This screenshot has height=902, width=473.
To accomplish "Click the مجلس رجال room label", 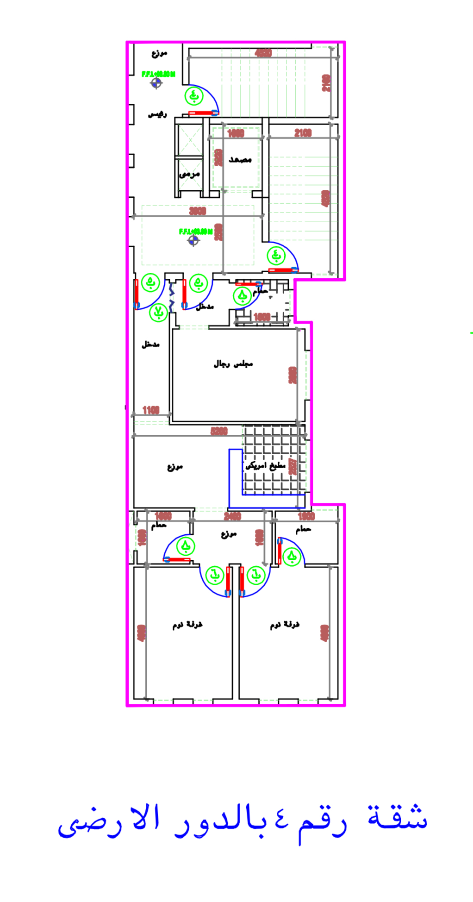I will coord(233,364).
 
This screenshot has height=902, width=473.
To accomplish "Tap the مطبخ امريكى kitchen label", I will coord(266,466).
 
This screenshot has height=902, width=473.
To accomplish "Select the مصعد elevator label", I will coord(240,160).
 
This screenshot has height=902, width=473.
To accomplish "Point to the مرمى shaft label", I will coord(189,175).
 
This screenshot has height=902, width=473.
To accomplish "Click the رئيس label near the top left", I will coord(157,114).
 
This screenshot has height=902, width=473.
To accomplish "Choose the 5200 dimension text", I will coord(219,431).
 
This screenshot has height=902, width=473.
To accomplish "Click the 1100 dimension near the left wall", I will coord(151,410).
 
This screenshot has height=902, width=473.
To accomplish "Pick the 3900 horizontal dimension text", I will coord(198,211).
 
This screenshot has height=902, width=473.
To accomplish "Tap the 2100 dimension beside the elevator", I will coord(303,133).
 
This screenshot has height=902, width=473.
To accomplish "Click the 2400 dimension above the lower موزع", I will coord(232,516).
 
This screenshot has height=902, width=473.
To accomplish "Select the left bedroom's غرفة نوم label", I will coord(187,625).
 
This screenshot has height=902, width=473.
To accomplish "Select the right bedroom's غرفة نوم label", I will coord(285,625).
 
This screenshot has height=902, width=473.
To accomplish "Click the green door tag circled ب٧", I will coord(158,313).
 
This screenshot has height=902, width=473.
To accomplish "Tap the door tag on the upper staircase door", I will coord(194,96).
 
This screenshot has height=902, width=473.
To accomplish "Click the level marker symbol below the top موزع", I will coord(156,83).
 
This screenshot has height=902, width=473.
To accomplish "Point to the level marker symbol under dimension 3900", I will coord(193,241).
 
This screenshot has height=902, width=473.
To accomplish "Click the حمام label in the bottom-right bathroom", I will coord(303,529).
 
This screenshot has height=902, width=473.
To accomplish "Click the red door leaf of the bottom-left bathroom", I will coord(177,560).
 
